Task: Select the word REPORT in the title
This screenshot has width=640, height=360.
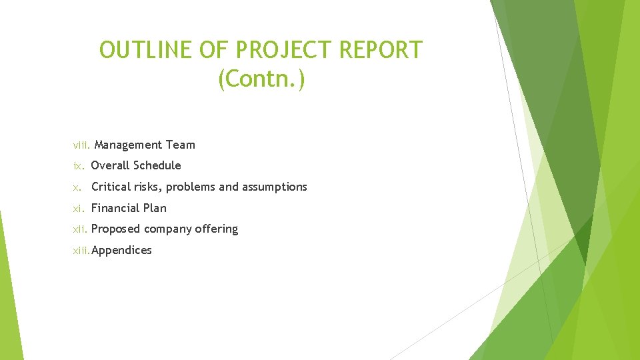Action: point(381,50)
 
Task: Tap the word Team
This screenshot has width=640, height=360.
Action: point(181,145)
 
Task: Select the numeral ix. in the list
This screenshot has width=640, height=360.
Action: point(79,165)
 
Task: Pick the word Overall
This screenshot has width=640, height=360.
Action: point(110,165)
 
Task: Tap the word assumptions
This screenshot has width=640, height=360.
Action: point(275,187)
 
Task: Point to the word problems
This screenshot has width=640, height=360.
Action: point(191,187)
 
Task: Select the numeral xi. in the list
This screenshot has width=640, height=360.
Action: point(79,208)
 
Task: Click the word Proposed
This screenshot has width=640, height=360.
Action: point(115,229)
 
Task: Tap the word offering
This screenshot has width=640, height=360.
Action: point(216,229)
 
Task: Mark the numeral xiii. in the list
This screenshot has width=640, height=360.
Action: point(81,251)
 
